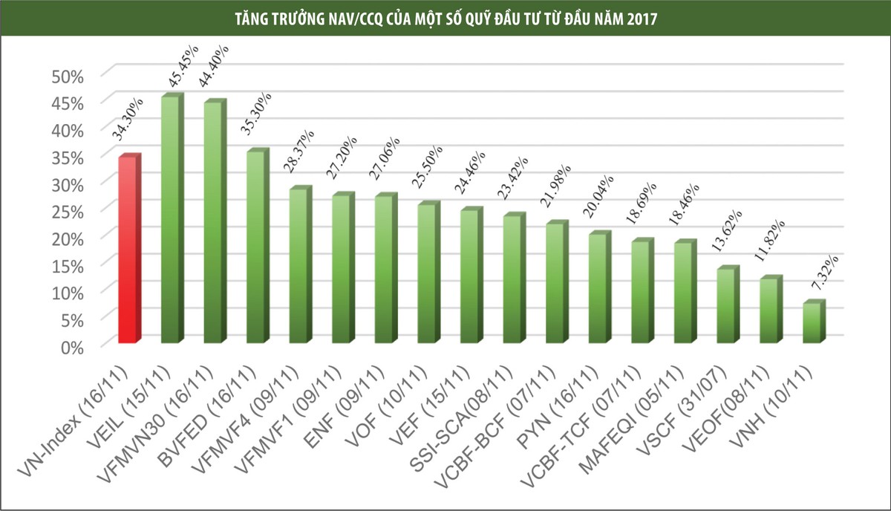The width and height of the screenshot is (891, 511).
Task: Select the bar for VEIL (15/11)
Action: tap(170, 220)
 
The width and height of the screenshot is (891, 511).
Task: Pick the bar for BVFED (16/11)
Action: tap(255, 247)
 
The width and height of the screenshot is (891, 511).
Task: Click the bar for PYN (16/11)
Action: tap(598, 287)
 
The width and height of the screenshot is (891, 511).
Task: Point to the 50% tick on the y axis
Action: tap(68, 75)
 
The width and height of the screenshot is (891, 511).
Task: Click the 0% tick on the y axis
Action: tap(73, 346)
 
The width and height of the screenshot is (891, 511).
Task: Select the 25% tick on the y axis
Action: tap(68, 211)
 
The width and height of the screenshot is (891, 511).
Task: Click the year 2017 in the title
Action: tap(636, 19)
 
